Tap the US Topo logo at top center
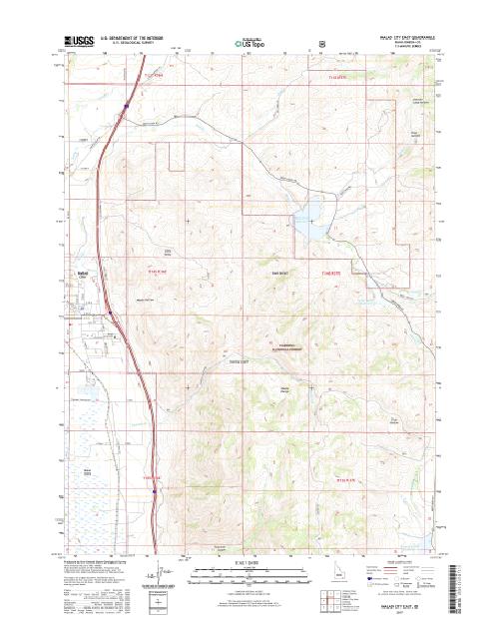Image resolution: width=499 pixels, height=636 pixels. tap(249, 44)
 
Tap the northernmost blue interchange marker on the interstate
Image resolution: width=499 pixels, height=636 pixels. tap(126, 102)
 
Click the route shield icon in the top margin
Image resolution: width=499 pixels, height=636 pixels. tap(319, 43)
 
